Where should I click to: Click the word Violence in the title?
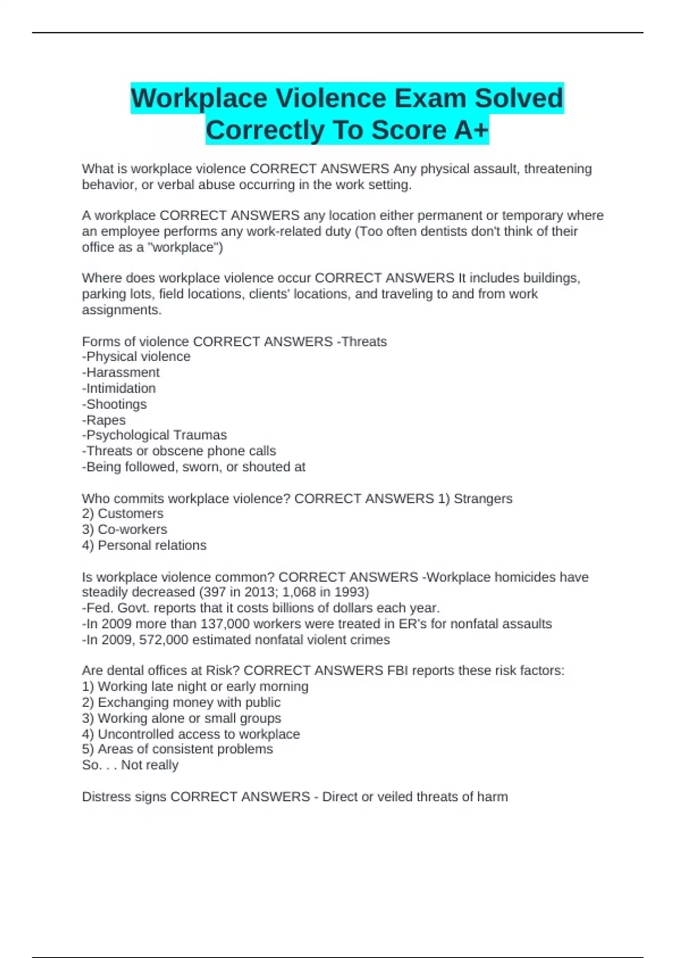click(x=331, y=98)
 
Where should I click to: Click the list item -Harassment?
click(x=121, y=372)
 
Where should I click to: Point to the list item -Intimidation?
click(x=119, y=388)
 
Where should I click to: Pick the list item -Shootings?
click(x=114, y=404)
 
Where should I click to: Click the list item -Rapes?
click(x=104, y=420)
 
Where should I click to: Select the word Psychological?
click(x=127, y=435)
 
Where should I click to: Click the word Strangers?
click(x=483, y=499)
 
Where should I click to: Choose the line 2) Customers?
click(x=123, y=513)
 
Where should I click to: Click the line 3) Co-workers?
click(x=124, y=529)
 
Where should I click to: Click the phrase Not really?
click(x=150, y=765)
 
